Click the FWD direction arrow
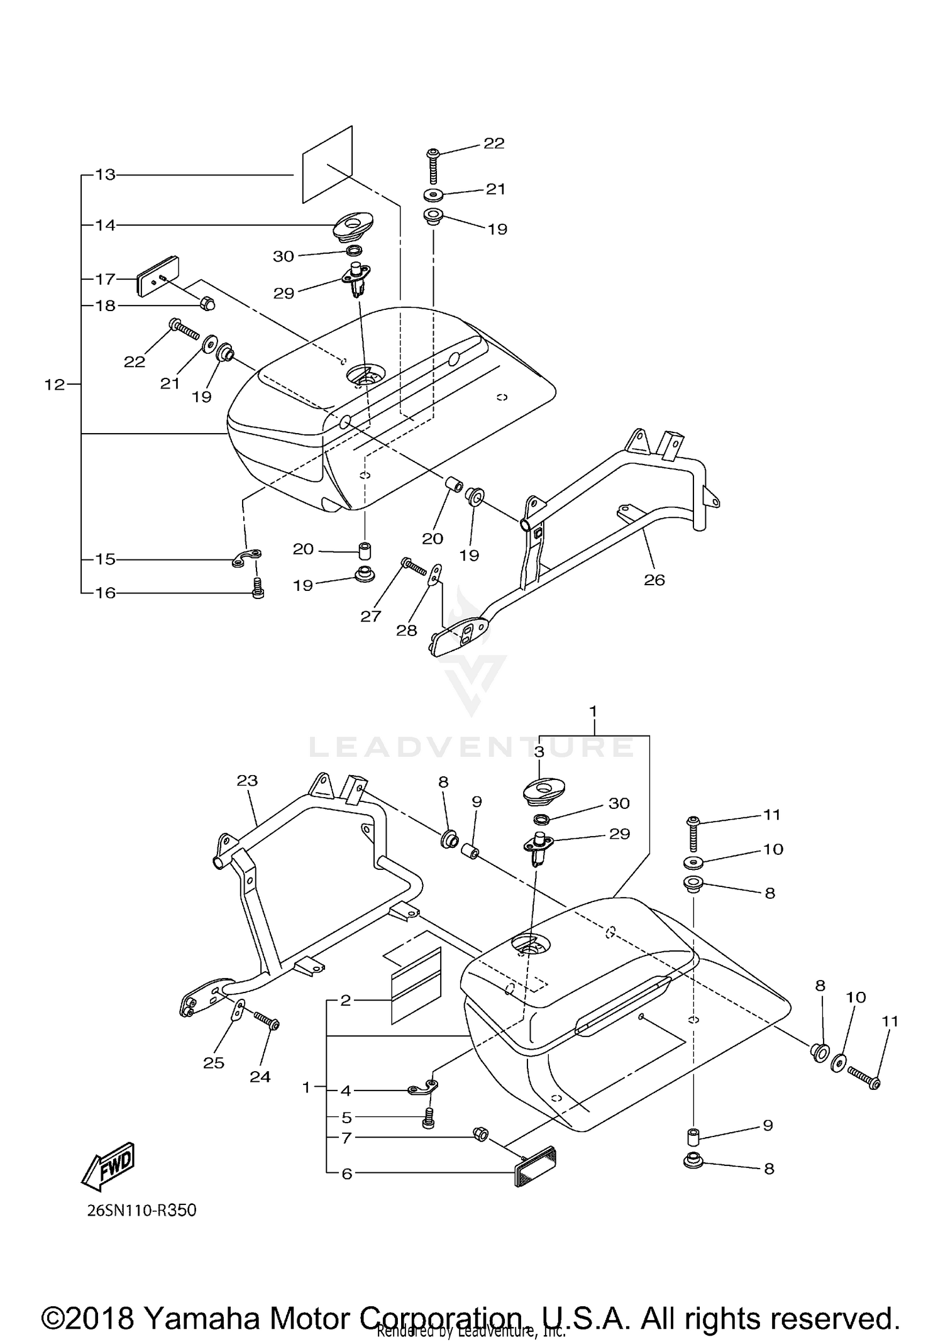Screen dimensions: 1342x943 click(109, 1167)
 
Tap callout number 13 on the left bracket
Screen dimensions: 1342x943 click(105, 175)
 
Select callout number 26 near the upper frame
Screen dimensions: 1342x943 click(654, 580)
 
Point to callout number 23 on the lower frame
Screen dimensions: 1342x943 click(247, 781)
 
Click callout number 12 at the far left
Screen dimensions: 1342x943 click(55, 384)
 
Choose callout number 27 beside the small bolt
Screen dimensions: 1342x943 click(370, 616)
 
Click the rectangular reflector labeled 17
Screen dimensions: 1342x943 click(157, 275)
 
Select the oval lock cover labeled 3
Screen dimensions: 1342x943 click(544, 789)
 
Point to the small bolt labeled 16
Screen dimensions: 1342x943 click(257, 589)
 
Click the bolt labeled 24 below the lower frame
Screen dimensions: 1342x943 click(266, 1023)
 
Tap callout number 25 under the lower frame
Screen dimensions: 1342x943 click(213, 1062)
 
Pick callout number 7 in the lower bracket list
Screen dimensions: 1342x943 click(345, 1138)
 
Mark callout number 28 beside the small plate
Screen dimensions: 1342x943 click(406, 630)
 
